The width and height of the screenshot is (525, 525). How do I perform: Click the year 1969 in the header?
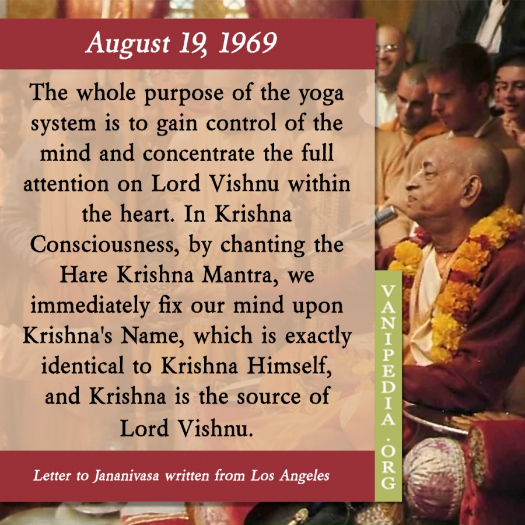[x=248, y=43]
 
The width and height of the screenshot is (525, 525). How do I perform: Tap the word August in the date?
[x=128, y=44]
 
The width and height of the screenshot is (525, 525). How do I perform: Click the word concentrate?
[x=198, y=153]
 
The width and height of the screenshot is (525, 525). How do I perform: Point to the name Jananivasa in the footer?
[x=126, y=476]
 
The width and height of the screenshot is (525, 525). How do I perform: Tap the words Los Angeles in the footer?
[x=290, y=476]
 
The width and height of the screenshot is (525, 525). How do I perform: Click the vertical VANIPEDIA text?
[x=388, y=355]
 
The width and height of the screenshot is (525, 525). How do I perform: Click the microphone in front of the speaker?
[x=385, y=215]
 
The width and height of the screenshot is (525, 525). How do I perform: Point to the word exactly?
[x=318, y=337]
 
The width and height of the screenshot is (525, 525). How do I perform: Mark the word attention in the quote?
[x=65, y=184]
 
